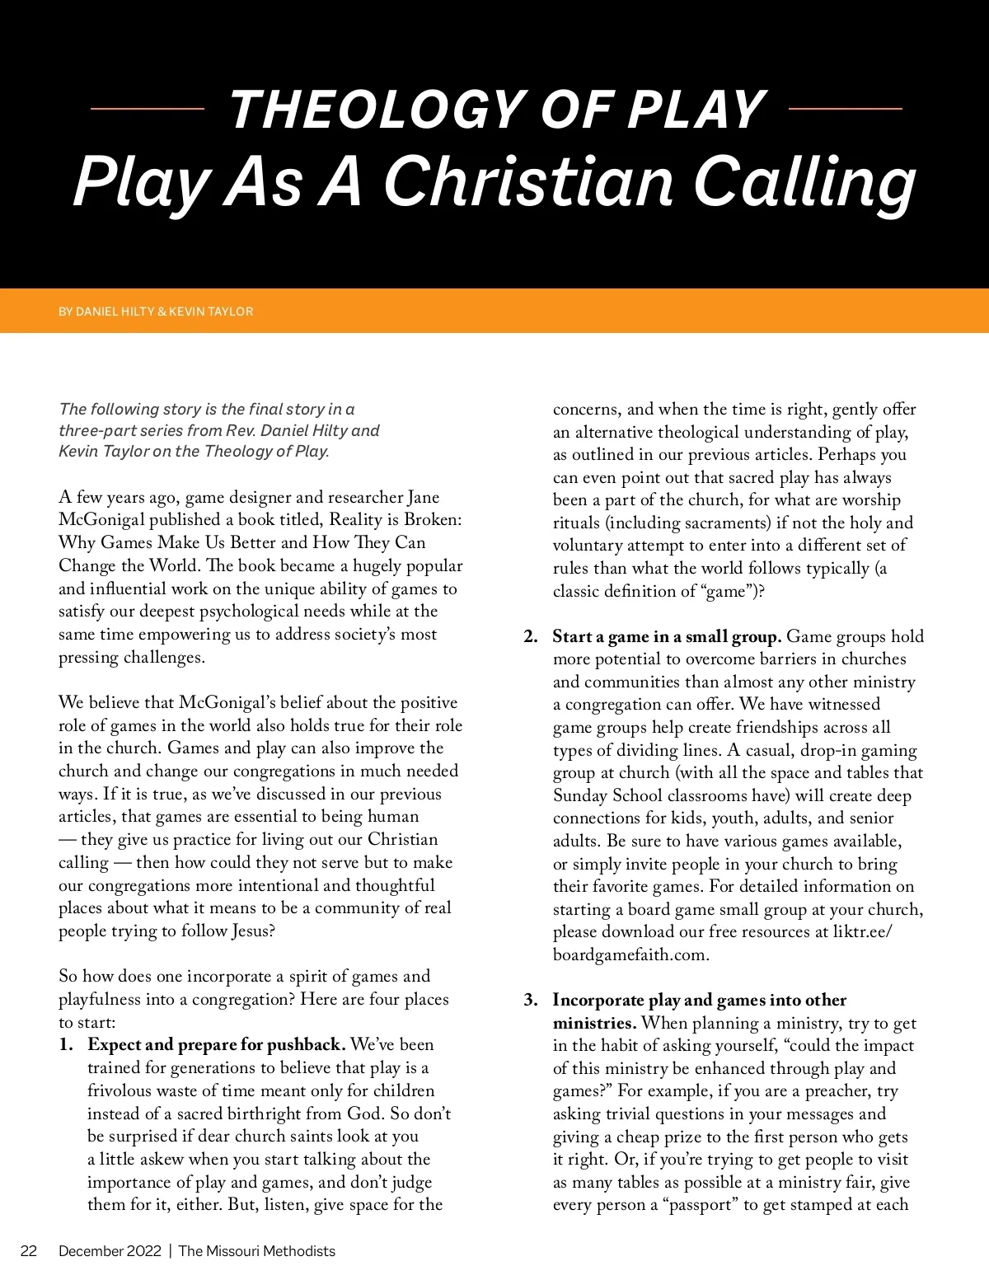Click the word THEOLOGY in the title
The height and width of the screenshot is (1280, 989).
(376, 110)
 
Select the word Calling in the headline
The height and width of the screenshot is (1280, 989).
(804, 183)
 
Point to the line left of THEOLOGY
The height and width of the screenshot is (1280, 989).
(147, 108)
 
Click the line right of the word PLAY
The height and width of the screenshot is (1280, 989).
(845, 108)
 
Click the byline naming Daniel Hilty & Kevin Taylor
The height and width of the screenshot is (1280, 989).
(156, 312)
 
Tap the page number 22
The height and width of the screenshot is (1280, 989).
(29, 1251)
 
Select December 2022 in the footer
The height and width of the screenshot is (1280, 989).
(110, 1251)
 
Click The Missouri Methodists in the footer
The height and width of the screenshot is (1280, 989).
(257, 1251)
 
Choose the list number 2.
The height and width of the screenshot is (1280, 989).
(531, 637)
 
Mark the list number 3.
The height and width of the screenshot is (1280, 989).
(531, 1001)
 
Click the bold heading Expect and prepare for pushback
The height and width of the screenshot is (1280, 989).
(216, 1045)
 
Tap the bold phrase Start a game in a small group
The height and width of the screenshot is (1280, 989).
(667, 637)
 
